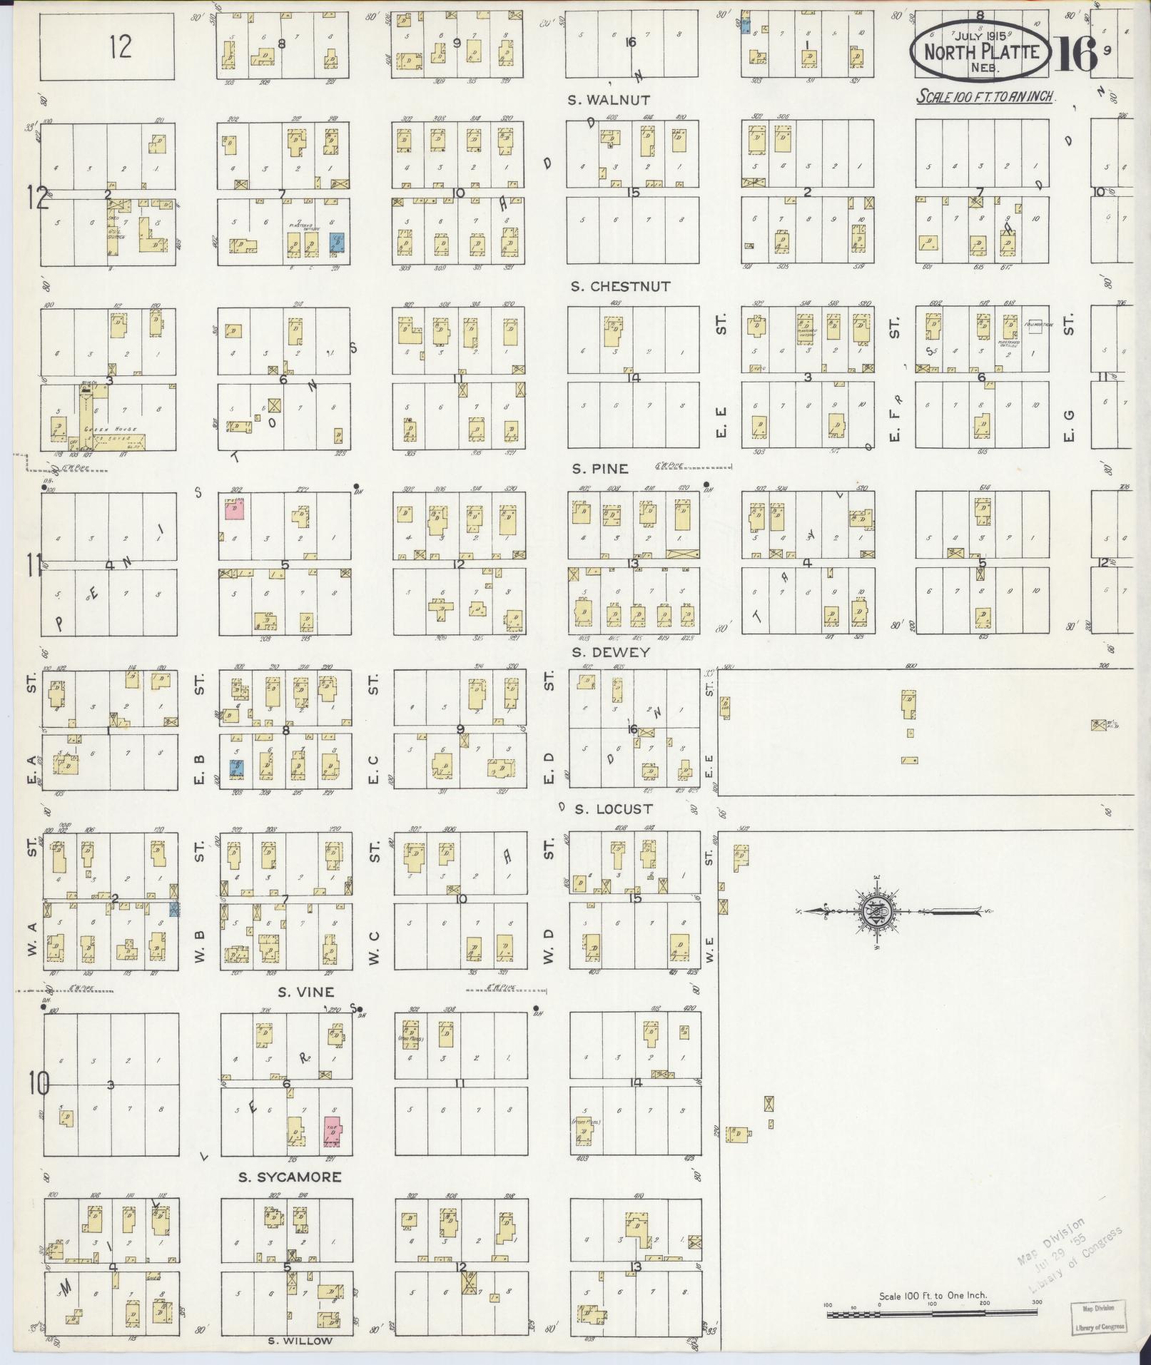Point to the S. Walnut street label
point(609,100)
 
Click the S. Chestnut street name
point(621,287)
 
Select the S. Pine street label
point(600,469)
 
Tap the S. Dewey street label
point(610,652)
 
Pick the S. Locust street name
point(614,809)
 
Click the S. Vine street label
point(306,992)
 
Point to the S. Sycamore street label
point(290,1177)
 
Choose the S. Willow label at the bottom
point(300,1341)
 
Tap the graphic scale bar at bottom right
point(932,1314)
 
